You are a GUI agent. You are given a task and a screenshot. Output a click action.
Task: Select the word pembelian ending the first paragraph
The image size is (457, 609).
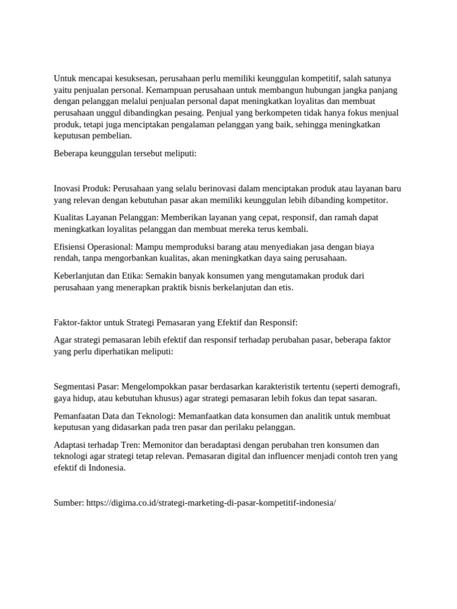pos(109,136)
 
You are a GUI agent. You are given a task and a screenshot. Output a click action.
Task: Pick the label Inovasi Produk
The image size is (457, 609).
pos(82,189)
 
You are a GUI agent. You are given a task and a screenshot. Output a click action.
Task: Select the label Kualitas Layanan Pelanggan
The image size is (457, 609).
pos(105,218)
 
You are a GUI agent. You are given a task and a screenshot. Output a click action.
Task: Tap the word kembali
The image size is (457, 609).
pos(290,229)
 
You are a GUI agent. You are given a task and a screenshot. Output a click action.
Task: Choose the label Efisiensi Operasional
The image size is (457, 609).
pos(93,247)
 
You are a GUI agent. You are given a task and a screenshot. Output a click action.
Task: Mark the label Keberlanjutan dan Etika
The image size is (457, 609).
pos(98,276)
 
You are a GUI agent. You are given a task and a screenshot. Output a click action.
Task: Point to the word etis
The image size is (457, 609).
pos(284,287)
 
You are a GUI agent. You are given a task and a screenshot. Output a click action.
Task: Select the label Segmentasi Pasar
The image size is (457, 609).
pos(86,387)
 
